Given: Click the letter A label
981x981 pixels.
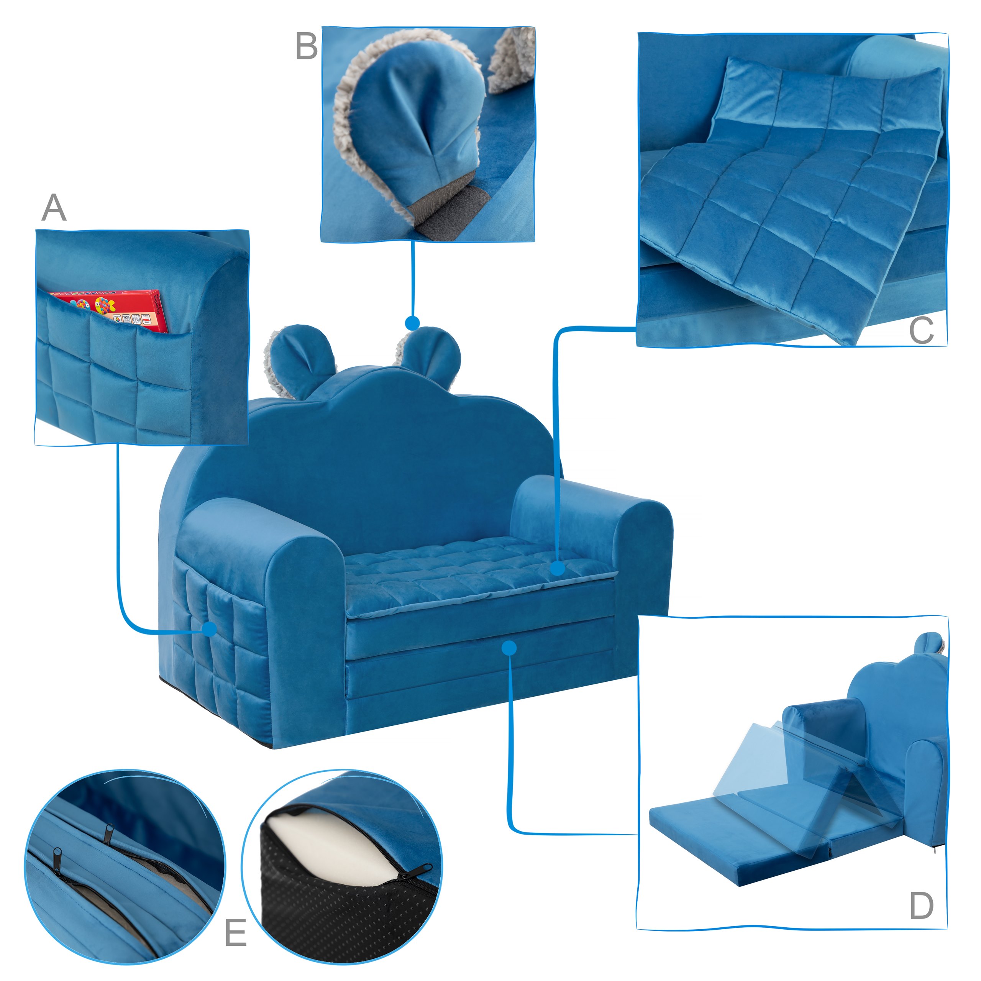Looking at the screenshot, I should [x=54, y=208].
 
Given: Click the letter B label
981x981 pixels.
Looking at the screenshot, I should [x=307, y=47].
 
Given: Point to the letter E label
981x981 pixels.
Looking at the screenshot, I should [x=236, y=932].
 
